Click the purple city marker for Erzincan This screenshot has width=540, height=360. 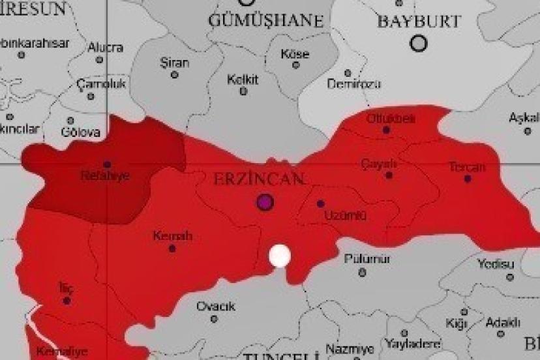point(265,202)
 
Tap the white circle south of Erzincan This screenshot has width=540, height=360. point(280,256)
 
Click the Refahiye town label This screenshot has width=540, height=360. point(104,176)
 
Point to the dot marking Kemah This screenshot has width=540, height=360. point(172,248)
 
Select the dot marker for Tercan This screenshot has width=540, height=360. point(468,178)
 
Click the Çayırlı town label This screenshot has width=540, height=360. point(379,163)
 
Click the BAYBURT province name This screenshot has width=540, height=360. point(419,22)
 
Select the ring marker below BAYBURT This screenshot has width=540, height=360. point(419,44)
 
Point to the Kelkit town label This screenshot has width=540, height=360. point(243,80)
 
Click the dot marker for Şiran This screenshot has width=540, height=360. point(174,75)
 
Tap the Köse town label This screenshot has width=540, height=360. point(295,54)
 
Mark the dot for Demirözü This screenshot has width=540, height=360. point(348,73)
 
